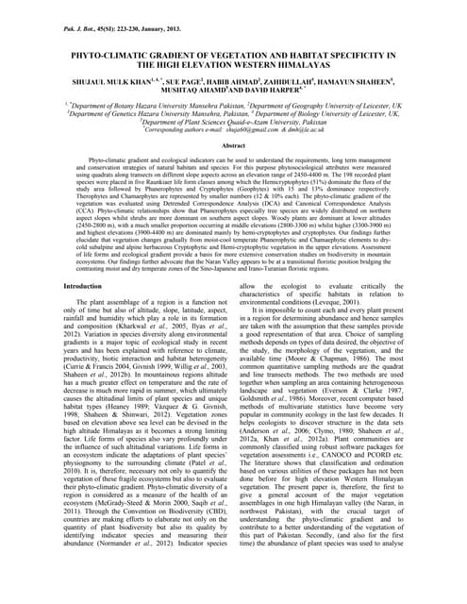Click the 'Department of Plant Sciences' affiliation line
[233, 121]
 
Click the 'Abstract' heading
[233, 146]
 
